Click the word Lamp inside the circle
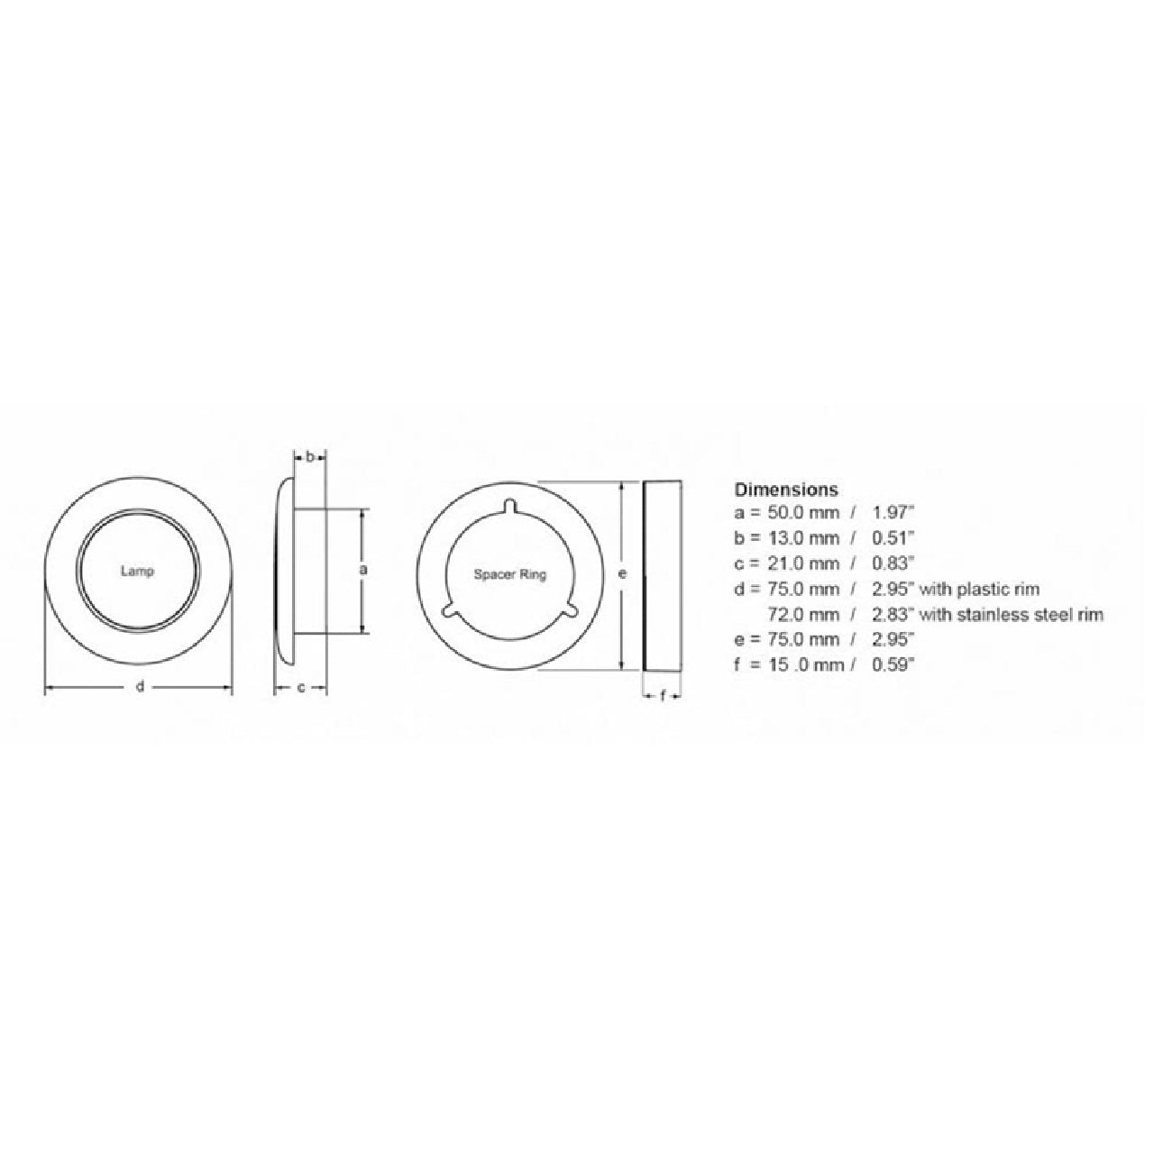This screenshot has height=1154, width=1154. click(137, 572)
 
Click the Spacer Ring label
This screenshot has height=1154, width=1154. click(510, 575)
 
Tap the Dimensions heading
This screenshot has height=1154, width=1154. click(786, 490)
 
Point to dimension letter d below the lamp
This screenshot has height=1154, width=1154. click(140, 687)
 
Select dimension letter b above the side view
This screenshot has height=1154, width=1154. click(310, 457)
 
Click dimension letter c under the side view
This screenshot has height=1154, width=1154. click(301, 688)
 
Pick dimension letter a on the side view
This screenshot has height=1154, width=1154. click(362, 570)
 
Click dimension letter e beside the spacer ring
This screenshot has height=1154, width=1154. click(623, 573)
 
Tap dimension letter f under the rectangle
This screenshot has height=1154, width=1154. click(663, 696)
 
